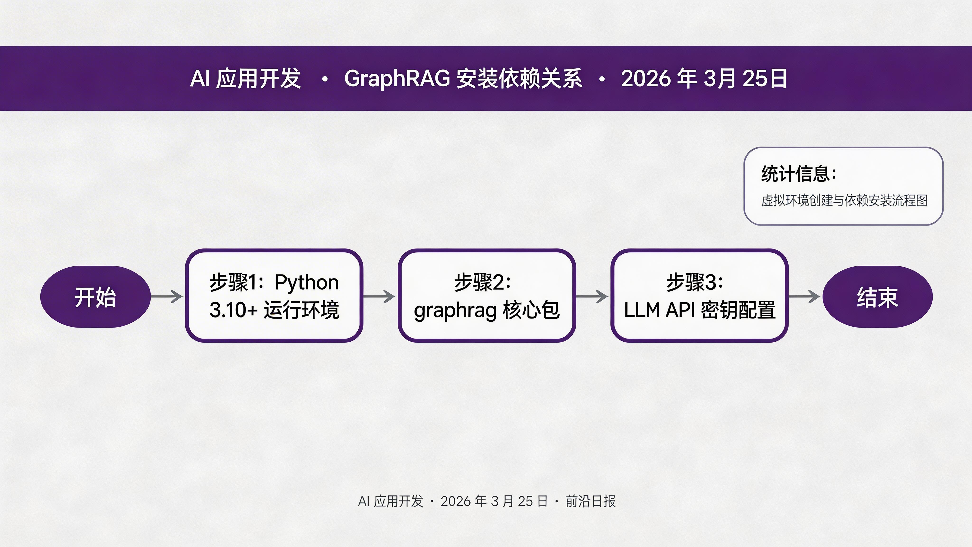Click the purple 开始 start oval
pos(95,297)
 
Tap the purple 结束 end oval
pos(877,297)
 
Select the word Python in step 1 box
pos(306,282)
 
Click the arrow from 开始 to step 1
pos(167,297)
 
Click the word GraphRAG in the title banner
pos(397,79)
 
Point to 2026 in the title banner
pos(646,79)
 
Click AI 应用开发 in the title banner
pos(245,79)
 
